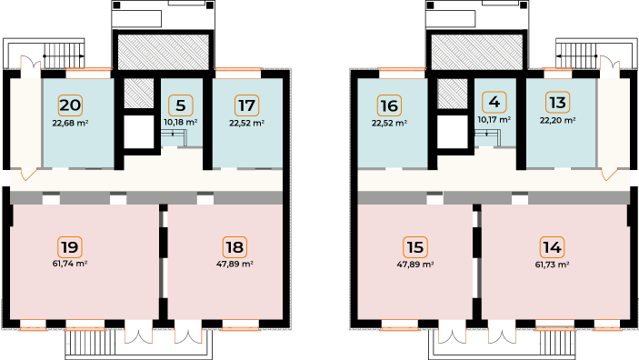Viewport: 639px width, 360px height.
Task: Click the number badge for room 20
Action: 70,105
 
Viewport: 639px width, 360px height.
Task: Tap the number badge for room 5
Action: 181,105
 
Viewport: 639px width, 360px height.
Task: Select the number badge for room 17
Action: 247,105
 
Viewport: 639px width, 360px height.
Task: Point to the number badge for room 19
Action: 70,247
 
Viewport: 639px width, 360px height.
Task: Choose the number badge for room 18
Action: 235,247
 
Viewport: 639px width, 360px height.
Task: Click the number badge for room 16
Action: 389,105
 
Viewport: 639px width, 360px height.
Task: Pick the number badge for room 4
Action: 494,102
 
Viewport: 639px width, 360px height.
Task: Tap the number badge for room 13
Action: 558,102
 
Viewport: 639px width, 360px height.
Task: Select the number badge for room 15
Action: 415,247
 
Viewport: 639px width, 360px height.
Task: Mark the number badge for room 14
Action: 553,247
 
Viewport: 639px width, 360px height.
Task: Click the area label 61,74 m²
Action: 70,264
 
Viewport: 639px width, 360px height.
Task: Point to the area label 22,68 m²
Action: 71,123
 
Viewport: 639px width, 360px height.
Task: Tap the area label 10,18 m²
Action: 181,123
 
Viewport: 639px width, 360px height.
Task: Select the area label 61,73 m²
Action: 553,265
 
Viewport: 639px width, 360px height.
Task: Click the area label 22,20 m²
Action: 558,120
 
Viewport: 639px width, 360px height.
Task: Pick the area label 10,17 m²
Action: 494,120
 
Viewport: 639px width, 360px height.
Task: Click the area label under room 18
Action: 235,264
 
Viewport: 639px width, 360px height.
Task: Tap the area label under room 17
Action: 247,123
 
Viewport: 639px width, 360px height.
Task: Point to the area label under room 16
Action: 390,123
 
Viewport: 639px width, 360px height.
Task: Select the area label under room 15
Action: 415,265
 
